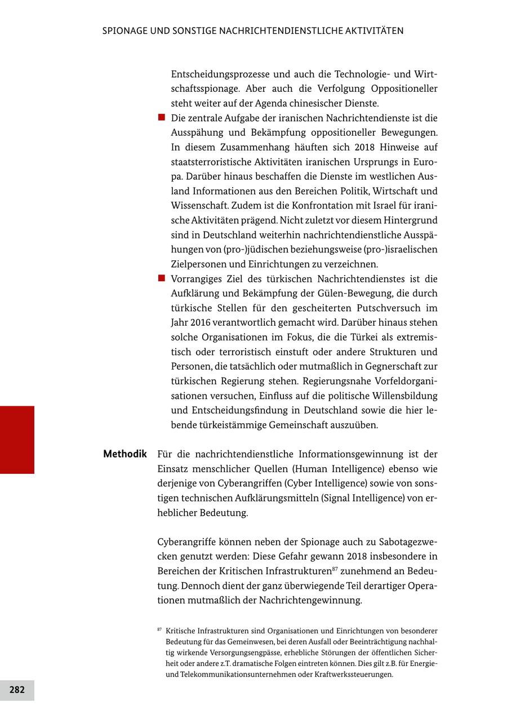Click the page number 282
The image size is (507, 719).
pyautogui.click(x=17, y=690)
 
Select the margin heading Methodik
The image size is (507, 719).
pyautogui.click(x=125, y=454)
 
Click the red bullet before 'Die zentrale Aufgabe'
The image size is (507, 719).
pyautogui.click(x=161, y=118)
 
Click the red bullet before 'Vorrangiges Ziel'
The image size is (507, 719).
pyautogui.click(x=161, y=278)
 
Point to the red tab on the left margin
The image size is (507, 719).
pyautogui.click(x=17, y=440)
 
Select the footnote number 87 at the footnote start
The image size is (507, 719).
pyautogui.click(x=160, y=629)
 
